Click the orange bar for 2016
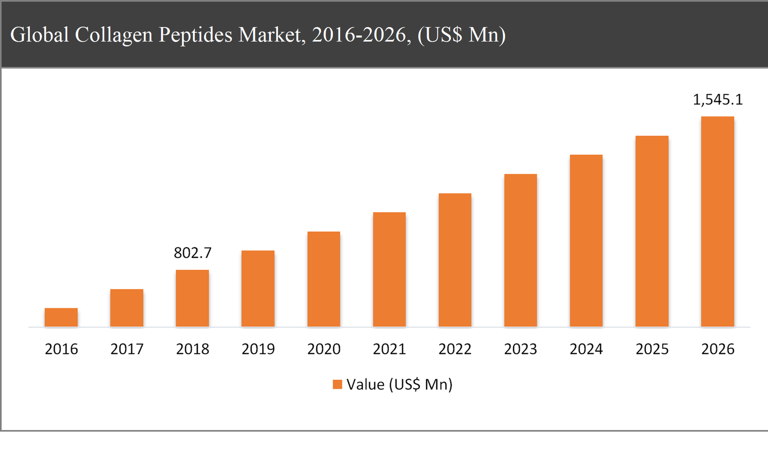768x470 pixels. (61, 317)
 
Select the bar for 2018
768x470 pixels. (192, 298)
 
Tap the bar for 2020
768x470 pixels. (324, 279)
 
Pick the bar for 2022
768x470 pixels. (455, 260)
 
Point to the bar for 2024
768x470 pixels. (586, 241)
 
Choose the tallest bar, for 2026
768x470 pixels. (717, 221)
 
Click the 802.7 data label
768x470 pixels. (192, 253)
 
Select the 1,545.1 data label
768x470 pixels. (717, 99)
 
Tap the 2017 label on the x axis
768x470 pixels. (127, 349)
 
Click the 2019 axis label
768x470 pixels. (258, 349)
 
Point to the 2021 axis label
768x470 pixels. (389, 349)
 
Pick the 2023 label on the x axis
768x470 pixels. (520, 349)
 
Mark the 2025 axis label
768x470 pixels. (652, 349)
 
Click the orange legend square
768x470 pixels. (337, 384)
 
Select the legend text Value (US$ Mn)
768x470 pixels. (399, 384)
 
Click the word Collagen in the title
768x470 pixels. (114, 35)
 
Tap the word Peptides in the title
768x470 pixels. (195, 35)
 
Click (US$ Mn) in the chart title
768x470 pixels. (461, 35)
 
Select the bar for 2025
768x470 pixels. (652, 231)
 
